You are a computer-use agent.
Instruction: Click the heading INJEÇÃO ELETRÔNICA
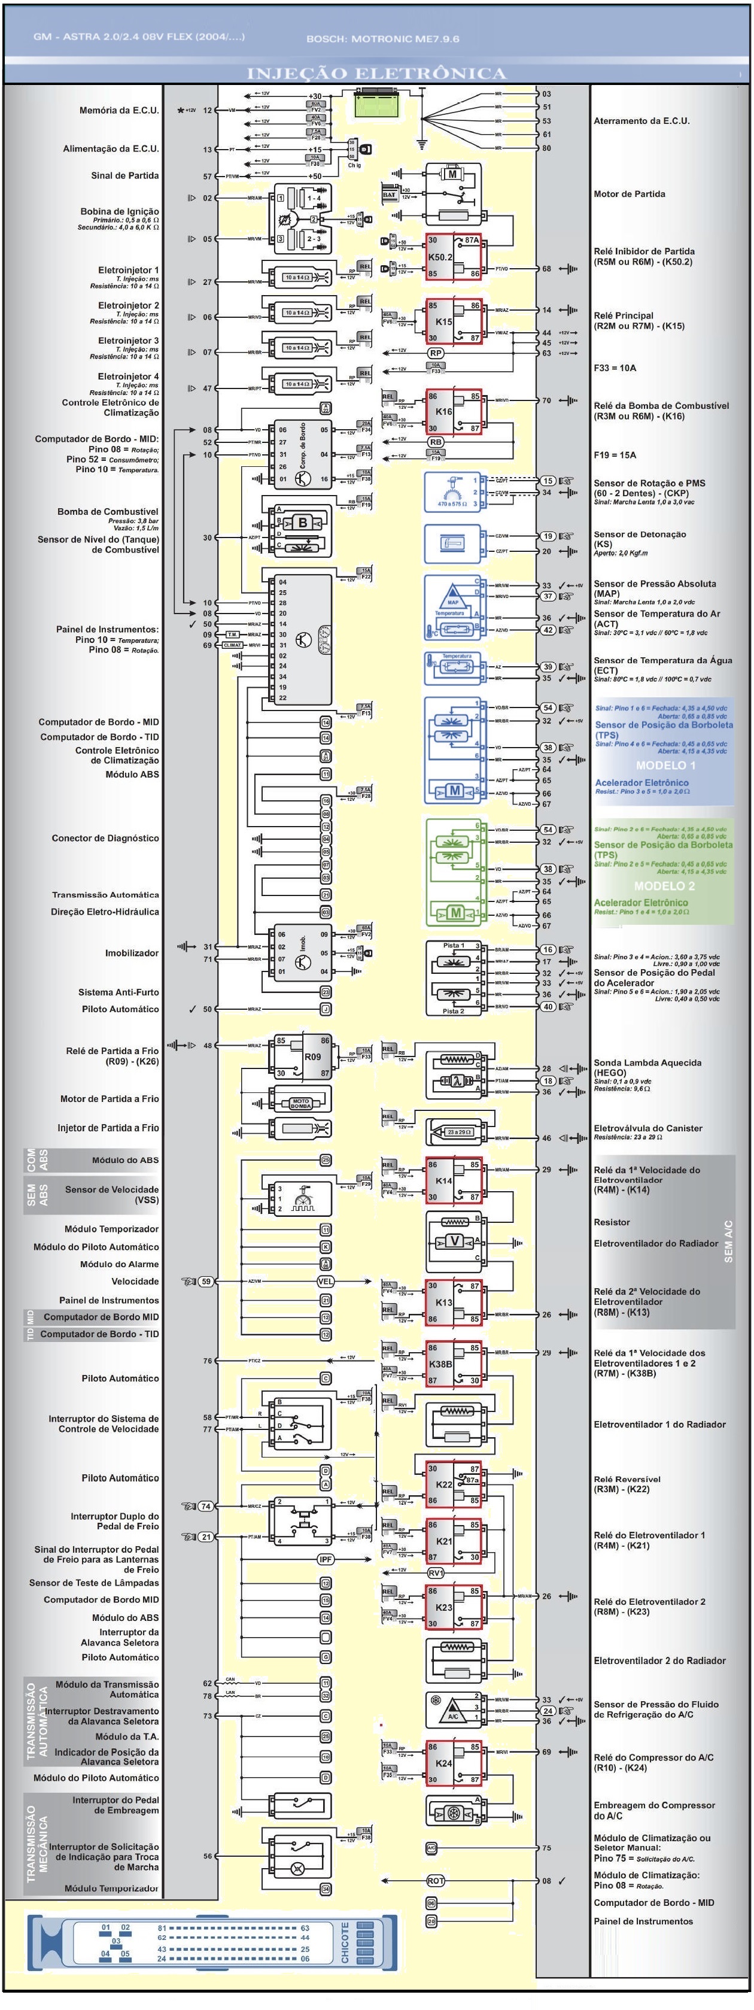[376, 74]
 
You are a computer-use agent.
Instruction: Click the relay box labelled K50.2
[452, 257]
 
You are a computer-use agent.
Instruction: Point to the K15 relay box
[453, 321]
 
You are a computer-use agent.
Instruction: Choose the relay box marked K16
[453, 411]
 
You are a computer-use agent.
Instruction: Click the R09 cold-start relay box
[303, 1056]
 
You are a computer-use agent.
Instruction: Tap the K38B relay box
[453, 1364]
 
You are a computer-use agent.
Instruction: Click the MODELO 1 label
[665, 766]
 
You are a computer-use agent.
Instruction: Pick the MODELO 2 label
[664, 886]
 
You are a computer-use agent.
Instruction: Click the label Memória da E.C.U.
[118, 111]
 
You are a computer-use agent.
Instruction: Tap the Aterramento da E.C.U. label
[641, 121]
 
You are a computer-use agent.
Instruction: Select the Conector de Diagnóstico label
[105, 838]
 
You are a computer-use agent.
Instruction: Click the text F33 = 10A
[615, 368]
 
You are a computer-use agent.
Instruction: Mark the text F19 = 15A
[615, 455]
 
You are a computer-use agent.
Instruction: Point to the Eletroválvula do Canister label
[647, 1128]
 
